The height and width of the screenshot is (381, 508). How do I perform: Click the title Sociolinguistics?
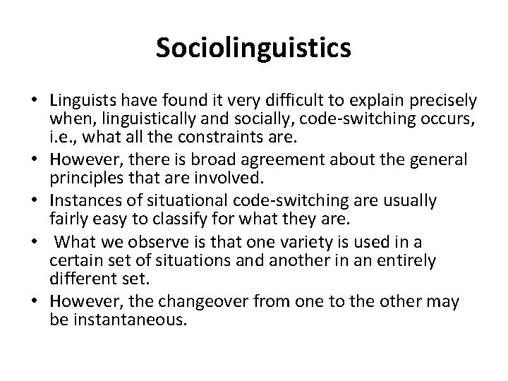tap(253, 49)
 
